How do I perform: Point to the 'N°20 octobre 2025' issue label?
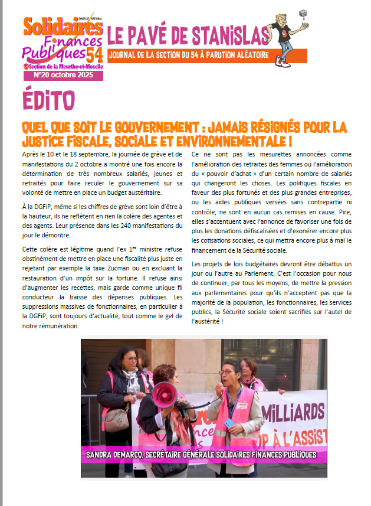coord(63,76)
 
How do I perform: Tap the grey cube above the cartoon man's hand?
coord(303,14)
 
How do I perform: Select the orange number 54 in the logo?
coord(94,55)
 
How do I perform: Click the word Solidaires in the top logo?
coord(59,27)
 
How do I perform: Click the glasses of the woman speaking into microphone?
coord(227,373)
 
